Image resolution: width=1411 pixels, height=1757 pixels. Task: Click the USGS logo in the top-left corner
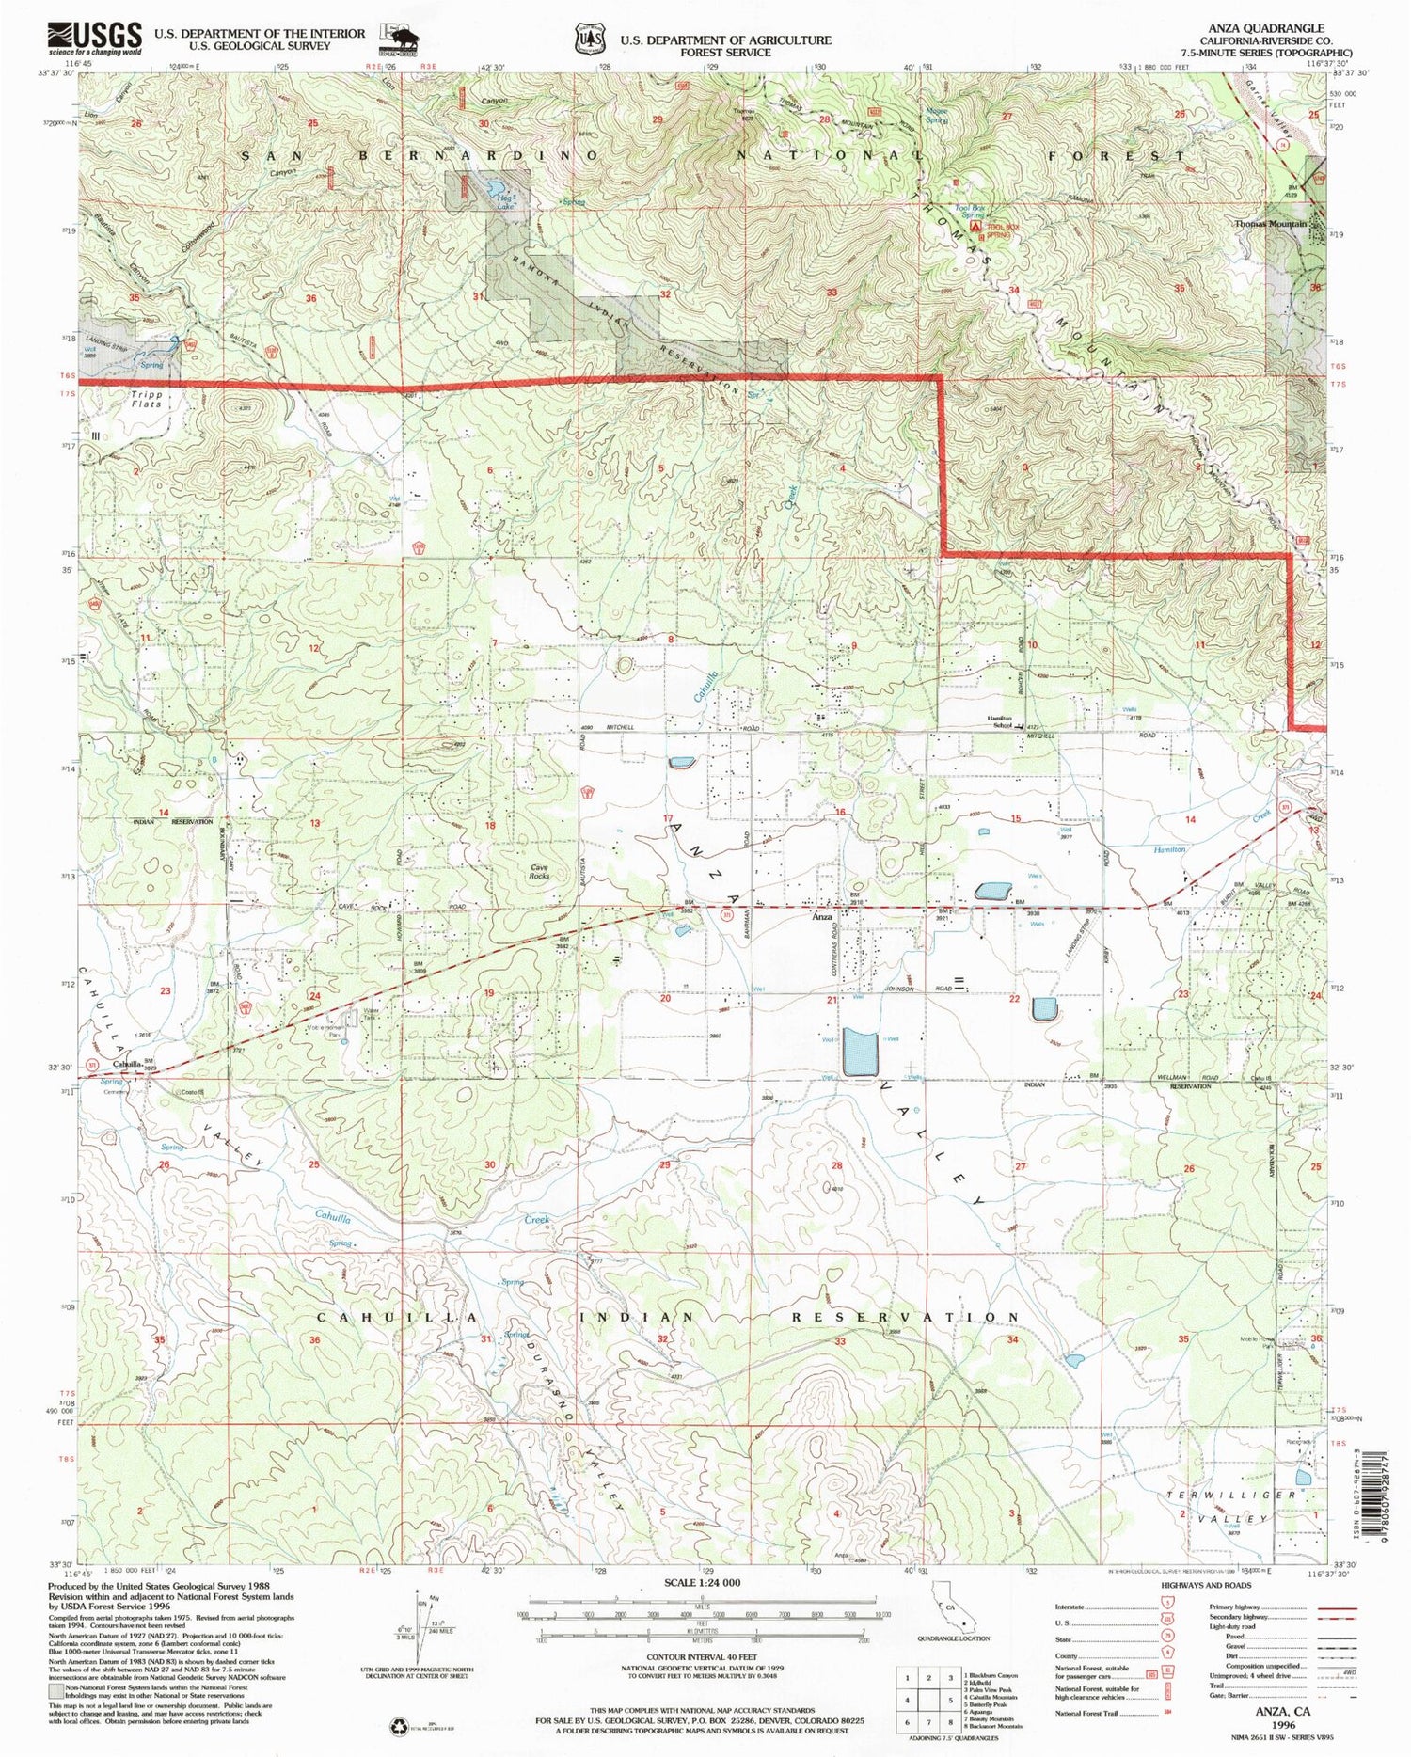(x=94, y=39)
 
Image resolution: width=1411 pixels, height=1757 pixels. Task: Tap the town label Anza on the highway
(x=821, y=916)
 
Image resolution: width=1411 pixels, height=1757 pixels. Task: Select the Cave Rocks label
(x=540, y=871)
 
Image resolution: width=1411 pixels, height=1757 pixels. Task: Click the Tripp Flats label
(x=147, y=399)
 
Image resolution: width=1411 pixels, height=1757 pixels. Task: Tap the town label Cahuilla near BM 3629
(x=126, y=1064)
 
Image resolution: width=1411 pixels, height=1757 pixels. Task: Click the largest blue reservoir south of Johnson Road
(x=859, y=1052)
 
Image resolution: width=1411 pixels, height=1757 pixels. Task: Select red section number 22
(x=1013, y=999)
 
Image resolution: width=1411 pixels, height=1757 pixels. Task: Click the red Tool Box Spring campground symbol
(x=975, y=227)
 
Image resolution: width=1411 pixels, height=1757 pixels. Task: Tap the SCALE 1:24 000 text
(x=702, y=1582)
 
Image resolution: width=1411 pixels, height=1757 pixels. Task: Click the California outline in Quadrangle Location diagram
(x=950, y=1608)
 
